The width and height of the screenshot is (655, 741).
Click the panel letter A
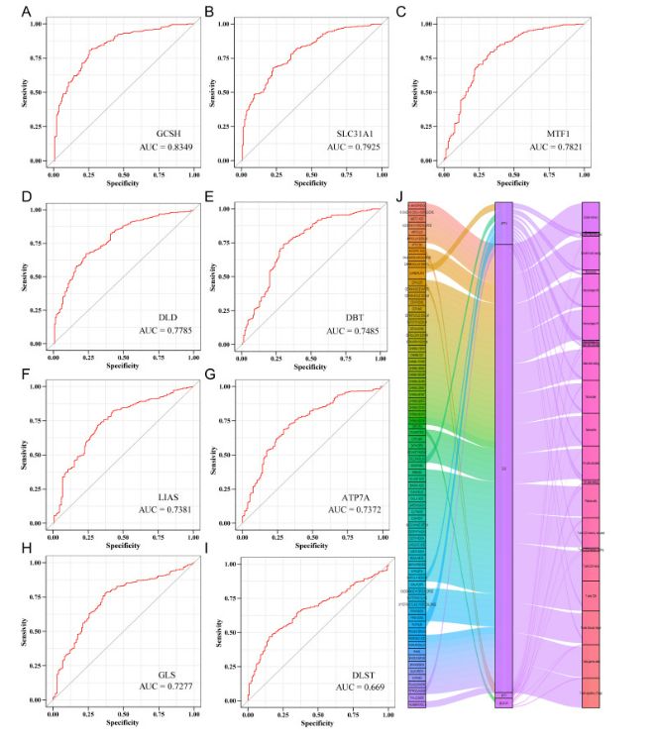pos(12,11)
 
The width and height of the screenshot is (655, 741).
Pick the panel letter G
pos(209,375)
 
